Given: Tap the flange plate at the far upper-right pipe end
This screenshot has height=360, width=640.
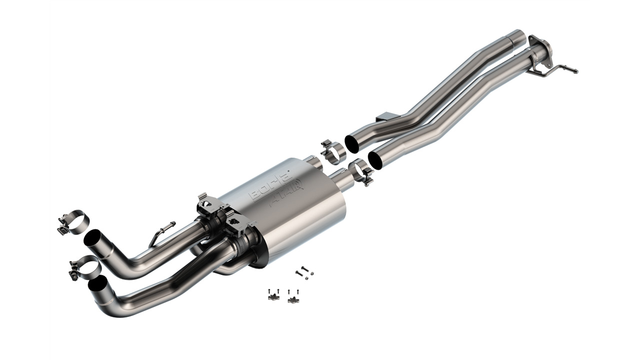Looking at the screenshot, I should (538, 46).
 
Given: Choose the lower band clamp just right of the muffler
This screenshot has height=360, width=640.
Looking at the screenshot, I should (361, 171).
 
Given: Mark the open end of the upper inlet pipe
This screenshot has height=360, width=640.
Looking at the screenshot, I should (352, 143).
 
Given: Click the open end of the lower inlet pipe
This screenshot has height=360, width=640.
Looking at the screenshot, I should (376, 159).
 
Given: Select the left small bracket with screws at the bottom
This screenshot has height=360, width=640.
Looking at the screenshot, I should (272, 295).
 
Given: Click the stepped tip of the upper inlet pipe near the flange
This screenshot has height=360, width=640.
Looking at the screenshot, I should (515, 36).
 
